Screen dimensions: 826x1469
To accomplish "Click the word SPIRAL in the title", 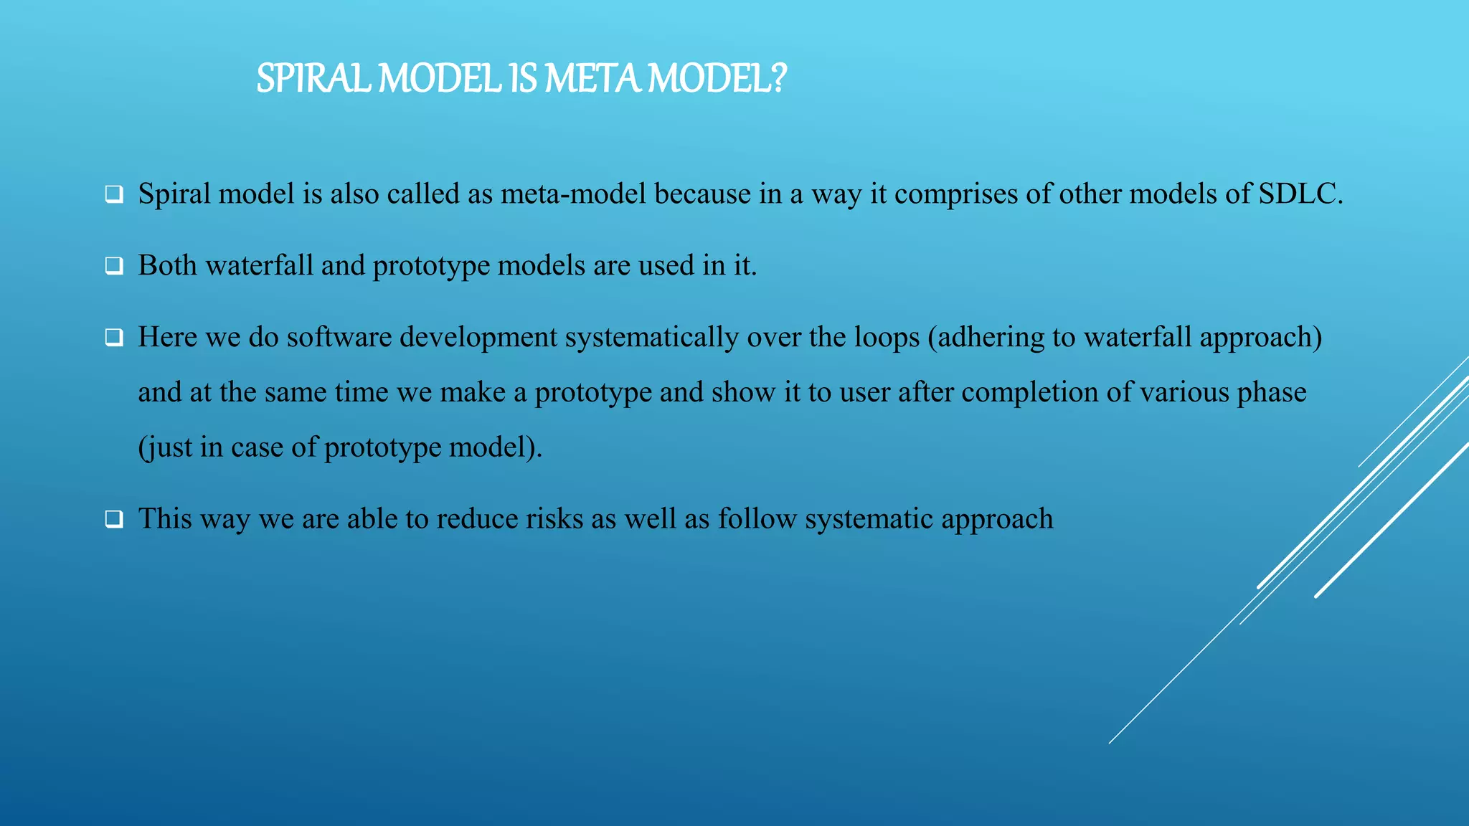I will [x=313, y=78].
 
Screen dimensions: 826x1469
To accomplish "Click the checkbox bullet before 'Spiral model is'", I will [x=113, y=194].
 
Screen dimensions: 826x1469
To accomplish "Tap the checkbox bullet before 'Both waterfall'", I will [x=113, y=266].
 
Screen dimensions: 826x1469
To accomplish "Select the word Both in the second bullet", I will [x=167, y=265].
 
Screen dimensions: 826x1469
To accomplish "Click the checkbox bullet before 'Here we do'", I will [x=113, y=337].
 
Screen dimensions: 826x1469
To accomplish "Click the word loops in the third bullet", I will [x=887, y=338].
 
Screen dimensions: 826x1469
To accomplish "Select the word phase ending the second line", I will [x=1272, y=393].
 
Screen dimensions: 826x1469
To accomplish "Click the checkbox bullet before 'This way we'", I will [x=113, y=519].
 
